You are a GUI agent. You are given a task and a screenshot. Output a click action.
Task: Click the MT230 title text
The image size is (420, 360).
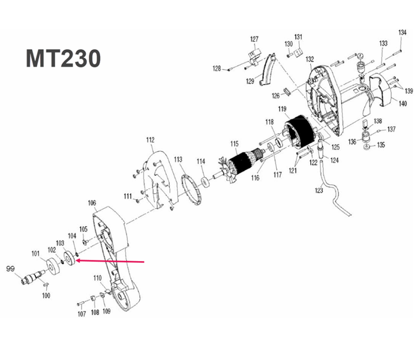pos(62,58)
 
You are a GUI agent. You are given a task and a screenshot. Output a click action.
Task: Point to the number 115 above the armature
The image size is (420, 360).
pos(234,143)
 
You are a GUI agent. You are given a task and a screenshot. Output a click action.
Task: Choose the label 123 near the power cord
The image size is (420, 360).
pos(319,190)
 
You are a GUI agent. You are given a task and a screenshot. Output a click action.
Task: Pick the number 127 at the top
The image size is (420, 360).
pos(254,39)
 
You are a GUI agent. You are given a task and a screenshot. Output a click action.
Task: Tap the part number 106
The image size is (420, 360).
pos(92,202)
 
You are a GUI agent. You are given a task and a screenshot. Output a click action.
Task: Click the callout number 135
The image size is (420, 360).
pos(381,145)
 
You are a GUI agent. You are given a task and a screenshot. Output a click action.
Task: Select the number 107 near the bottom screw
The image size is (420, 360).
pos(82,314)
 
